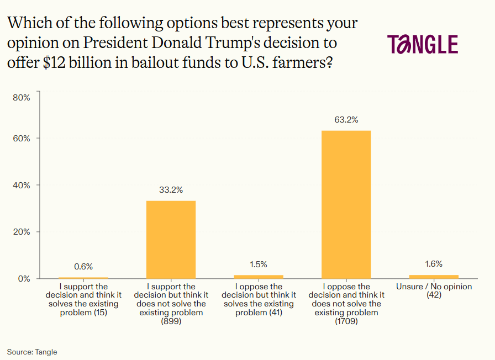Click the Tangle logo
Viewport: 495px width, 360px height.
(422, 44)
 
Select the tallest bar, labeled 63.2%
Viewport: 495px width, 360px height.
(346, 204)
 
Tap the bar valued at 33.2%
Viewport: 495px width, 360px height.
(171, 239)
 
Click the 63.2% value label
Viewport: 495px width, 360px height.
(346, 119)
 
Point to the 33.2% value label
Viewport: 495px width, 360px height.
(171, 189)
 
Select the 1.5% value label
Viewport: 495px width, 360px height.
(259, 264)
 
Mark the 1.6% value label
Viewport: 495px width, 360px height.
(434, 264)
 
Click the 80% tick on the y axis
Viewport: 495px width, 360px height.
(22, 98)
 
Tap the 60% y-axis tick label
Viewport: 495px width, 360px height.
(22, 138)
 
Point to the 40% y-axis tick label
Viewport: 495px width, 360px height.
(22, 185)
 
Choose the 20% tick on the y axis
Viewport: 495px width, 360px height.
(22, 231)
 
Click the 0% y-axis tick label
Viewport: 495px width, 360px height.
(24, 278)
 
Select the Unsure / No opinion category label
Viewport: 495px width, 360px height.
(434, 287)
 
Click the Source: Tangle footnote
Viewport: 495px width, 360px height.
(32, 352)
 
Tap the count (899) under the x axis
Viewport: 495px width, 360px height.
(171, 321)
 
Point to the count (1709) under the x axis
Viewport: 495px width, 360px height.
(346, 321)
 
